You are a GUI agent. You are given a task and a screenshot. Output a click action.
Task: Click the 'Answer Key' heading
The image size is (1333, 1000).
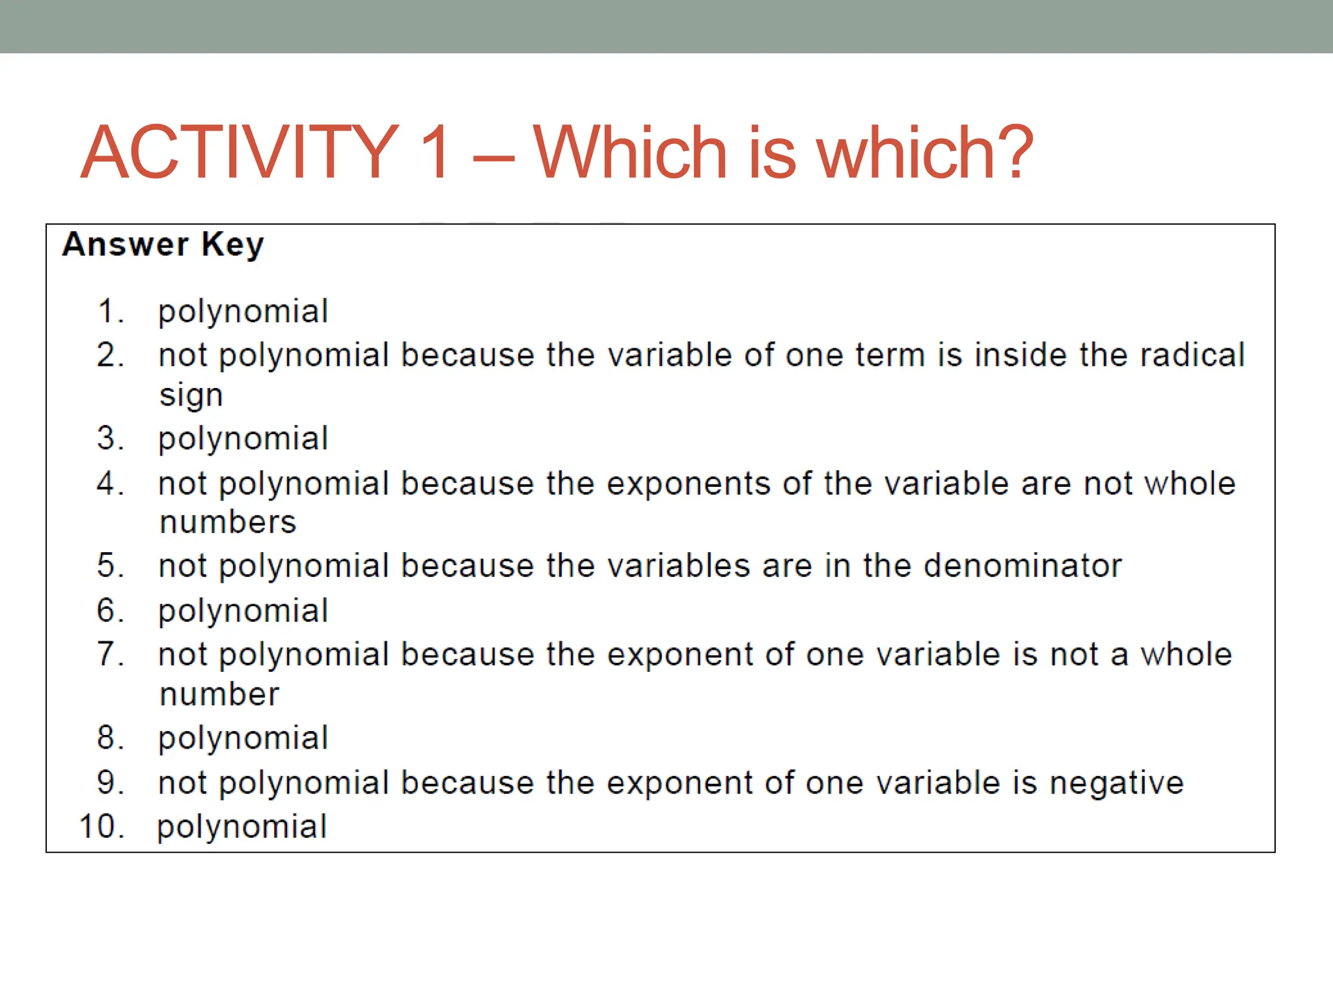[163, 245]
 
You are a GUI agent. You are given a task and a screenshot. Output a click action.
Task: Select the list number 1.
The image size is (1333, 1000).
[109, 311]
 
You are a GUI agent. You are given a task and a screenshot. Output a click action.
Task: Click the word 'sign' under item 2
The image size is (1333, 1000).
[191, 396]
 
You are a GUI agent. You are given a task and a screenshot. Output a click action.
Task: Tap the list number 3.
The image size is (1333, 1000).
[109, 438]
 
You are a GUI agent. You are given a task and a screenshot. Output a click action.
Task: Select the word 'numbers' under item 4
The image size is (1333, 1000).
[228, 522]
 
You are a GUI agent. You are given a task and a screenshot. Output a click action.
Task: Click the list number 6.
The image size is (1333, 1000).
[109, 611]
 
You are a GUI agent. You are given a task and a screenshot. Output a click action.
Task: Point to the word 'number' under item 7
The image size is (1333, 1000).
[219, 694]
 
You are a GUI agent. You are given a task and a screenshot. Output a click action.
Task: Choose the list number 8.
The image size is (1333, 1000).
[109, 738]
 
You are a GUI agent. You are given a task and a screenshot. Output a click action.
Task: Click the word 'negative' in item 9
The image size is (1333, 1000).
[1116, 783]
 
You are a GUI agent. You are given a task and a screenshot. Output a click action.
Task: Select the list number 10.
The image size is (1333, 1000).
[102, 827]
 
